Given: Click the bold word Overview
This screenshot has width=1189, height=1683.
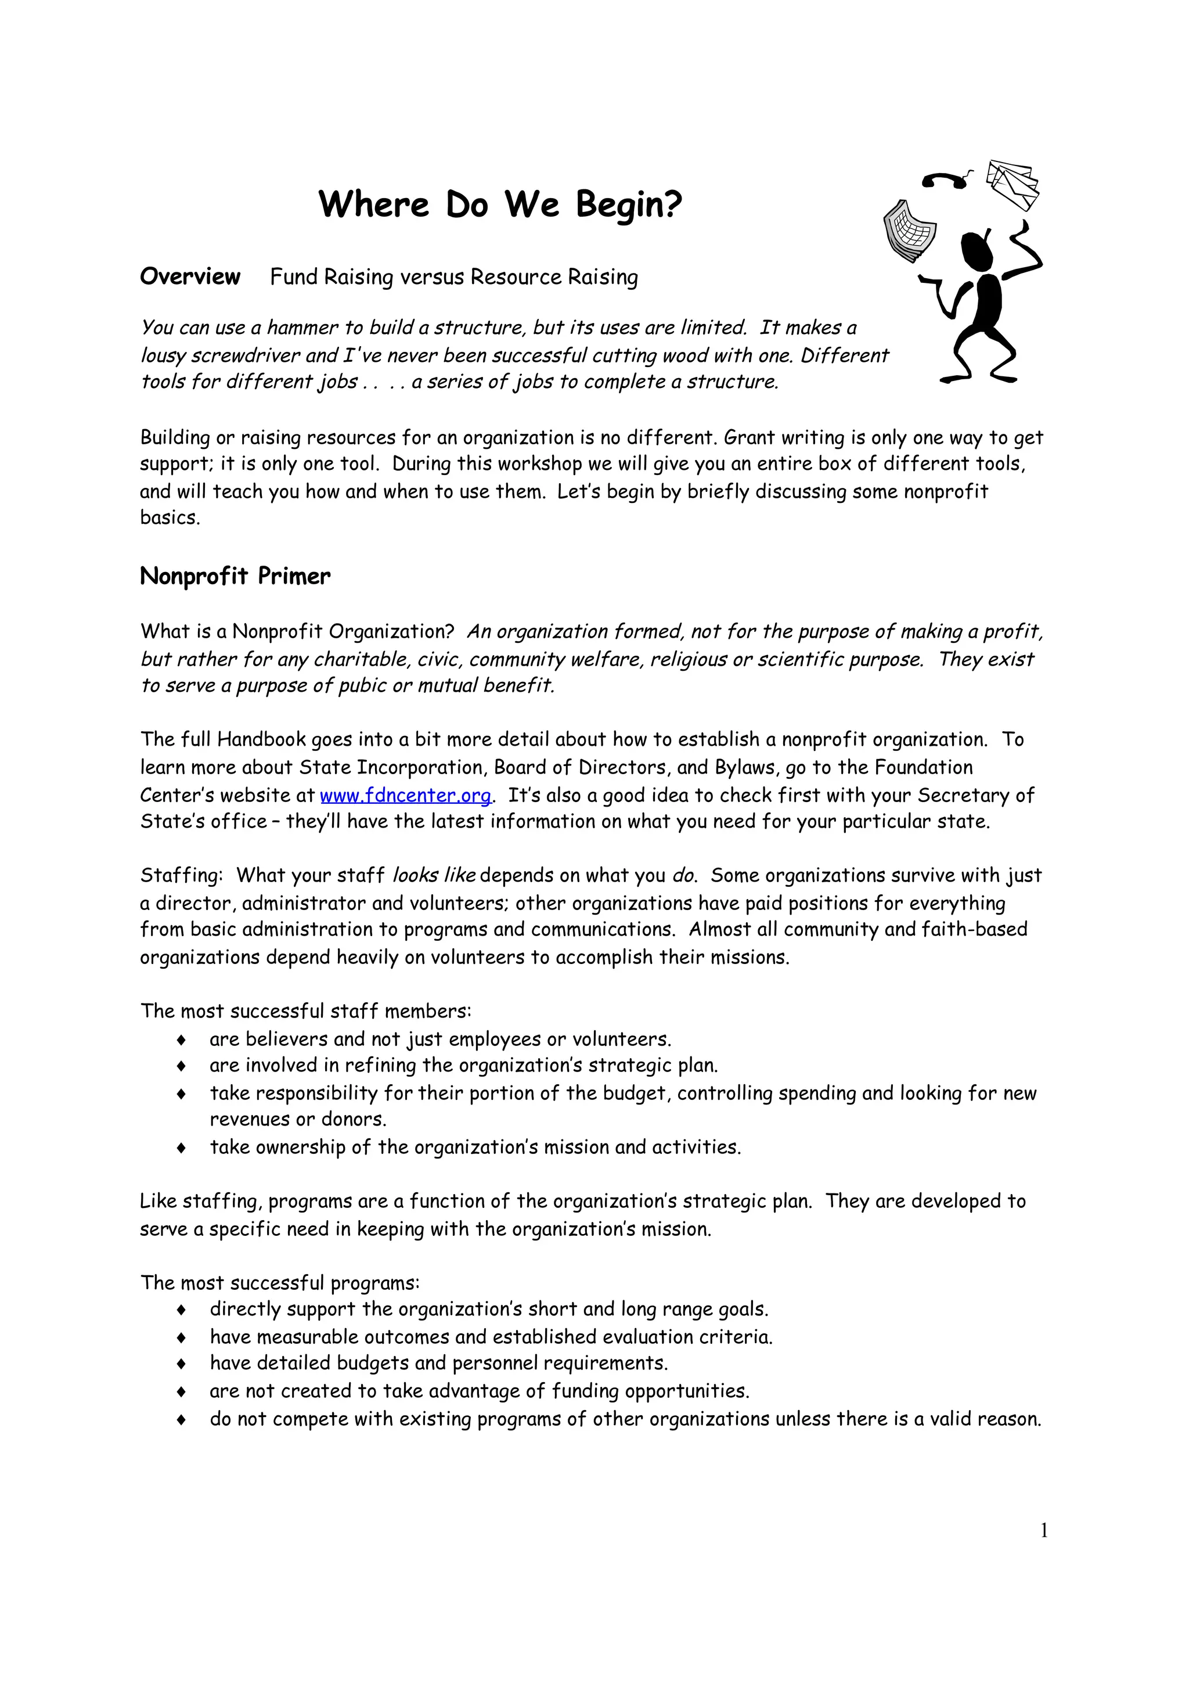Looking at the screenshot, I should [190, 276].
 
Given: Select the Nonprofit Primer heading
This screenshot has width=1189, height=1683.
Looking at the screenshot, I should [235, 576].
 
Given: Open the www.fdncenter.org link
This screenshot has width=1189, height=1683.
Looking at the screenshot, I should [405, 795].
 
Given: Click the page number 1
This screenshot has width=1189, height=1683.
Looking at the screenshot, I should [1044, 1530].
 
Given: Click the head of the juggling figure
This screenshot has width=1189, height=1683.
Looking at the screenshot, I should [977, 251].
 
